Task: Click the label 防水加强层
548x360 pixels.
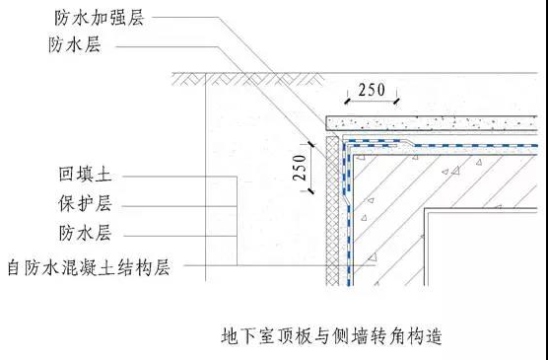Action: [100, 18]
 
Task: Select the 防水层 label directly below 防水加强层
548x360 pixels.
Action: [75, 44]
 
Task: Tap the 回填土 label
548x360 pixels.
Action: [85, 174]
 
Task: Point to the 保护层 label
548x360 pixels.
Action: [85, 203]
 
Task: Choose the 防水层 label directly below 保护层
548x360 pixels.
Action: [85, 233]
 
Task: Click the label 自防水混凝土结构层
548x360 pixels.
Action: [89, 267]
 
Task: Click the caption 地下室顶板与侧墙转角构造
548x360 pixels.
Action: [332, 336]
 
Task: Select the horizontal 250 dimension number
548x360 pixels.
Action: [372, 90]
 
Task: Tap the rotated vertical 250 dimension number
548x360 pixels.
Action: [300, 168]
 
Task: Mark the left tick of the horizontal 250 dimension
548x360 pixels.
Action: [347, 102]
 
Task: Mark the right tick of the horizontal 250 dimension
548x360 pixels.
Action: [396, 102]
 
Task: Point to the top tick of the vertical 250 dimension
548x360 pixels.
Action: [310, 143]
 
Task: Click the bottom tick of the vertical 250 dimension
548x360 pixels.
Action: [310, 191]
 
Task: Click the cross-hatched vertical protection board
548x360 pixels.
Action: [332, 210]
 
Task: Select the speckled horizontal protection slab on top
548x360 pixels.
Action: [432, 123]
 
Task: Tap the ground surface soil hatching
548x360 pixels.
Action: [247, 79]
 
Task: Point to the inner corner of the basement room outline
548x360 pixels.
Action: [426, 210]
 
